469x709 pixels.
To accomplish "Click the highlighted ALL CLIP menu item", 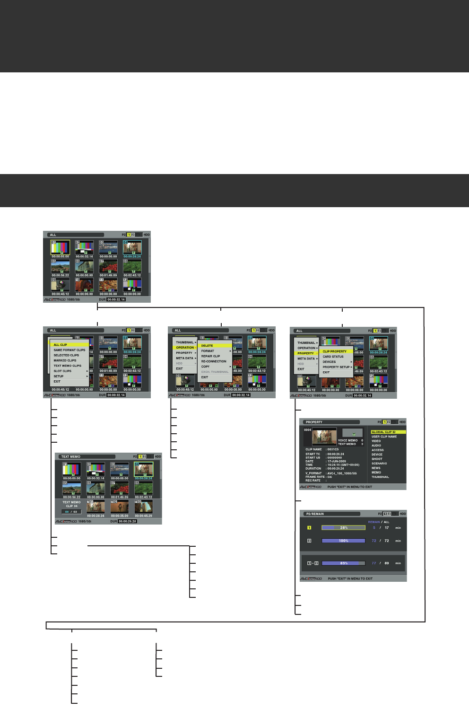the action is pos(61,345).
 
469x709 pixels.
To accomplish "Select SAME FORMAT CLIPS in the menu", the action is pos(69,350).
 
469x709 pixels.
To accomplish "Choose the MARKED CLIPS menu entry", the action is pos(65,360).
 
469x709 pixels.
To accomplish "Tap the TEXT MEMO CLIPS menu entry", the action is pos(67,366).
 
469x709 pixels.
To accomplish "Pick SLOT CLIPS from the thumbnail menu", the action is pos(62,371).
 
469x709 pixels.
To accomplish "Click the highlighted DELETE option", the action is pos(207,346).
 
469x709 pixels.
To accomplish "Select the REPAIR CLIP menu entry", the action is pos(210,356).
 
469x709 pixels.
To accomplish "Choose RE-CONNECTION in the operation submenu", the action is pos(214,361).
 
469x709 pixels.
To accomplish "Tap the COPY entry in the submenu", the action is pos(205,367).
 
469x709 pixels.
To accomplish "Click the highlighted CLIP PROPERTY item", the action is pos(335,351).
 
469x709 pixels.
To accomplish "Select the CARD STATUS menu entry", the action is pos(333,357).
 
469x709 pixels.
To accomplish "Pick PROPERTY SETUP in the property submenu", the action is pos(336,367).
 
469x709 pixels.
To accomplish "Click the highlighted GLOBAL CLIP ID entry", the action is pos(383,432).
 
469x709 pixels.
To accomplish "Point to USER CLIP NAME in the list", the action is pos(384,437).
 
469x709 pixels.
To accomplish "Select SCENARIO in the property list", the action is pos(379,464).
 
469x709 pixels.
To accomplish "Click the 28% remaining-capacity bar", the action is pos(343,527).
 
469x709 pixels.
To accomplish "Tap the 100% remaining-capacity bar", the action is pos(343,541).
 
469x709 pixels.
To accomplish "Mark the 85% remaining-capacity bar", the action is pos(343,563).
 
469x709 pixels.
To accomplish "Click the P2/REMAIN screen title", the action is pos(315,514).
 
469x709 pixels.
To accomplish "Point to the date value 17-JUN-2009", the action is pos(337,461).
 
